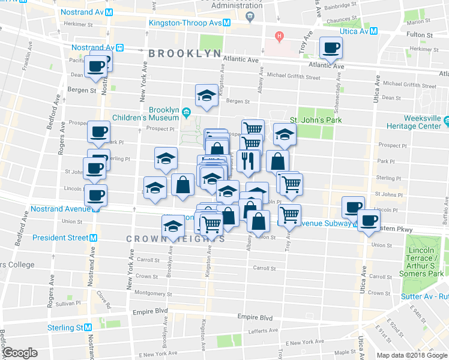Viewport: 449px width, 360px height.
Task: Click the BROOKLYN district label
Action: [x=185, y=53]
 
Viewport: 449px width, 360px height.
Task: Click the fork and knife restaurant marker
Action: [x=248, y=160]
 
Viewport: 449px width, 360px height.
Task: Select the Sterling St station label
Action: [x=66, y=328]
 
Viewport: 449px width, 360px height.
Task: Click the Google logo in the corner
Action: [x=20, y=353]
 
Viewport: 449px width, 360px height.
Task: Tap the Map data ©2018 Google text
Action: [x=411, y=355]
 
